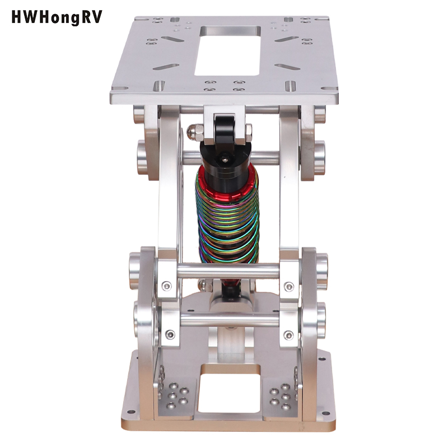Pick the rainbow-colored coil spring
point(227,218)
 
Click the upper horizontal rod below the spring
point(227,271)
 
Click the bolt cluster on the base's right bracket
point(280,395)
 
